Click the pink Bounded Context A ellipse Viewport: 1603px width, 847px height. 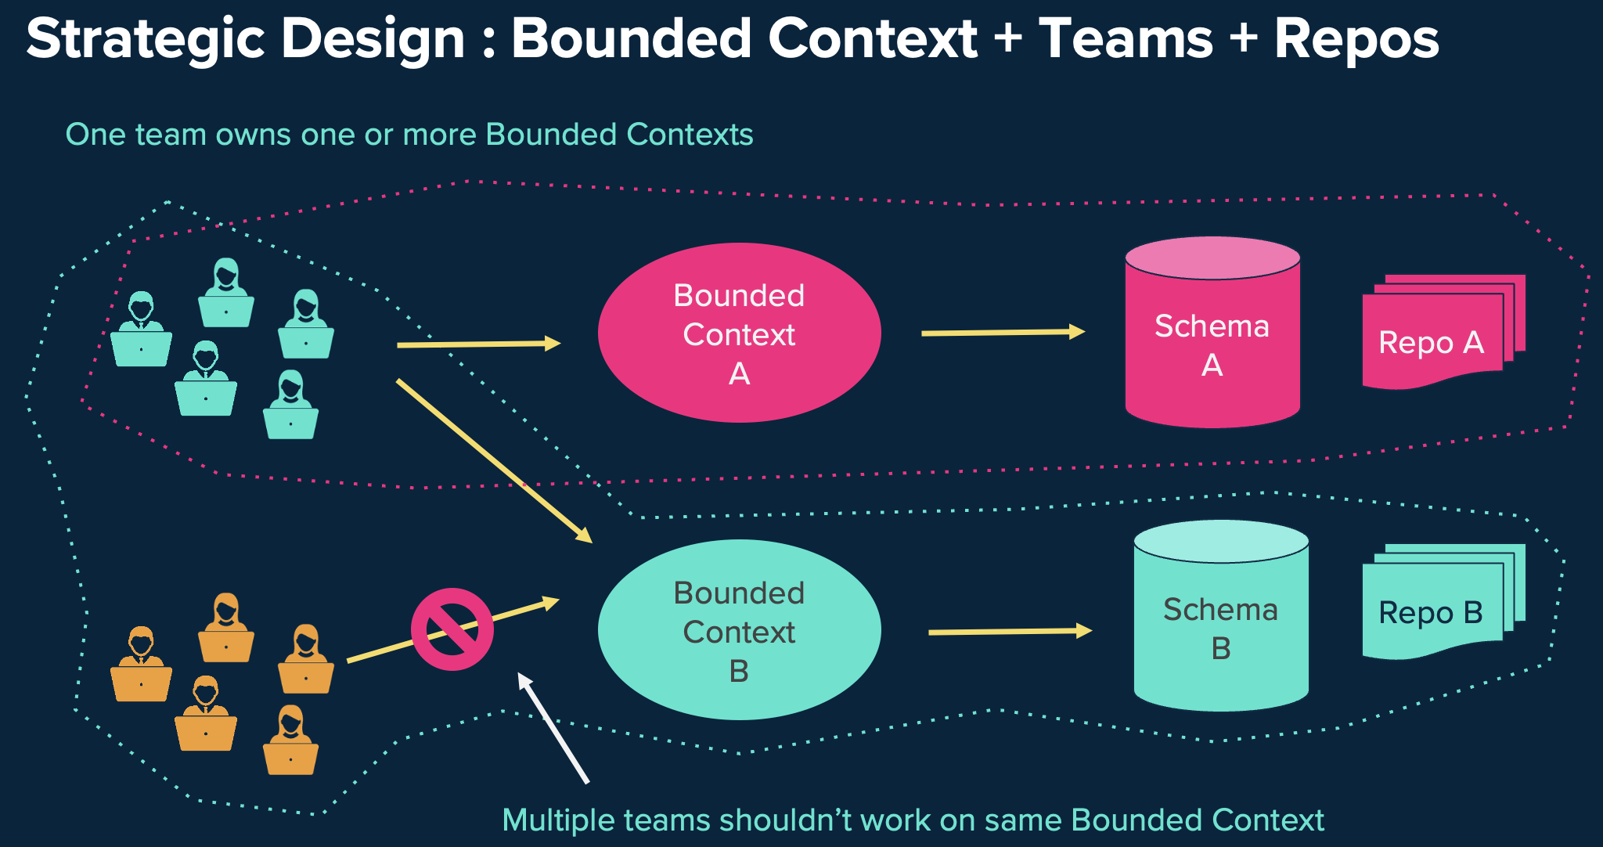pos(739,333)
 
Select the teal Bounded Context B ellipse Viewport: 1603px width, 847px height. pos(739,630)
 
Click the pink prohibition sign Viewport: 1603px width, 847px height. pos(452,629)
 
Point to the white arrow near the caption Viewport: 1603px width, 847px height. pos(553,728)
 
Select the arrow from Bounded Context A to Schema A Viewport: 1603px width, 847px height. pos(1002,333)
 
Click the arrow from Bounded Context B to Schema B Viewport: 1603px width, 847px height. pos(1010,631)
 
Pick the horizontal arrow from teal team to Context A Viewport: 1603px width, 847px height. pos(477,344)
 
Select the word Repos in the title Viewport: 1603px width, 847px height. pos(1356,39)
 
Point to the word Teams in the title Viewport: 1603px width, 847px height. pos(1126,39)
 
